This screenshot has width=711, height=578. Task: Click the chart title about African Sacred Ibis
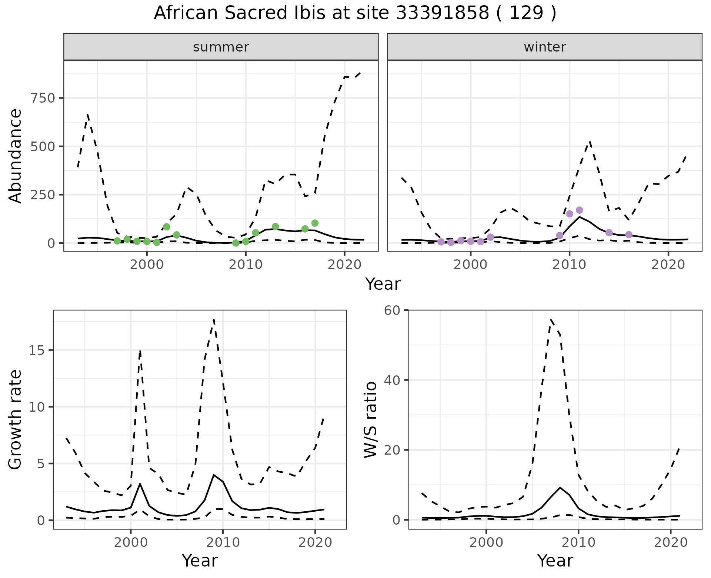pos(355,13)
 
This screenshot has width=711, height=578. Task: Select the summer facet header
pos(221,47)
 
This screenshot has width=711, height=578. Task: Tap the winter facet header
pos(545,47)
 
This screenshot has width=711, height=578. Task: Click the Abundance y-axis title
pos(15,156)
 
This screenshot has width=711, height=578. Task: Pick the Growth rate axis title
pos(15,419)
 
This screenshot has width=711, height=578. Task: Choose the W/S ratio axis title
pos(370,419)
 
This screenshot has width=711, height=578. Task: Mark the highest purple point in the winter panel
pos(580,210)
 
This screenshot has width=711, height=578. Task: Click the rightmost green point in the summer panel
pos(315,223)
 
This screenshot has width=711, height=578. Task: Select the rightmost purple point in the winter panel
pos(629,235)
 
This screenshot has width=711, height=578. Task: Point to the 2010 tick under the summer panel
pos(246,265)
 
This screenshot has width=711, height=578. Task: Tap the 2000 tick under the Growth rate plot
pos(130,543)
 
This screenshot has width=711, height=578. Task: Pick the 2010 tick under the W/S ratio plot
pos(578,543)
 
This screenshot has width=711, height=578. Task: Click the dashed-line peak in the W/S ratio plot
pos(551,319)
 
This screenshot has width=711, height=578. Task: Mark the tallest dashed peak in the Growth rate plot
pos(214,319)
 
